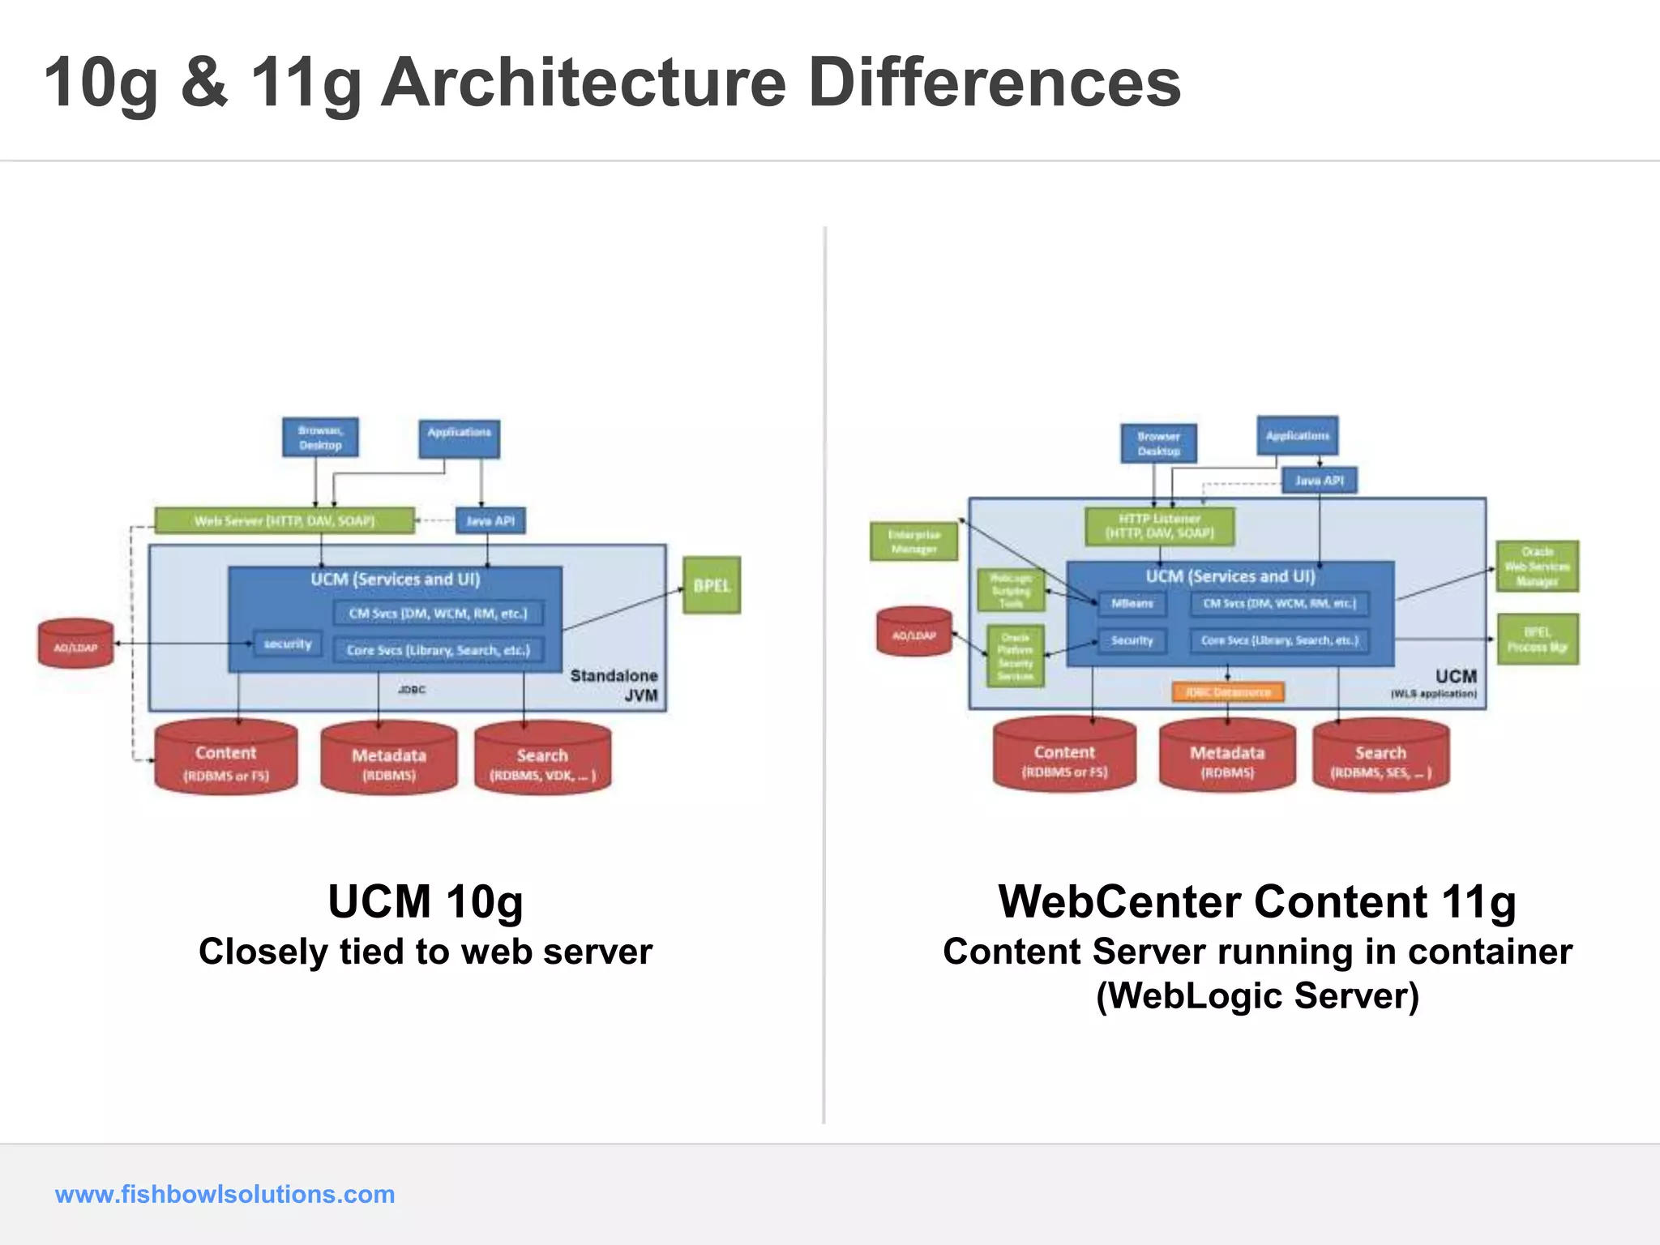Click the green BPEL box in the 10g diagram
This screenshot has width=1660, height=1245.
point(711,585)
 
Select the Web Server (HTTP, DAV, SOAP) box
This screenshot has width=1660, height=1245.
point(284,520)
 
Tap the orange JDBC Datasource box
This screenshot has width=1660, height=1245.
point(1228,692)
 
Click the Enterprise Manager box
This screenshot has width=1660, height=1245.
point(913,541)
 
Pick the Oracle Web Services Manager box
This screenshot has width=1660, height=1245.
point(1537,566)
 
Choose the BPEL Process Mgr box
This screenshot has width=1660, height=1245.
point(1537,640)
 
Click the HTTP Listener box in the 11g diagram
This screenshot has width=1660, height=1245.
point(1160,526)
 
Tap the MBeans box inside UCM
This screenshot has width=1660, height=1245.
point(1132,603)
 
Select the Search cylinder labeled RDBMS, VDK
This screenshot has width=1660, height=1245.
point(542,760)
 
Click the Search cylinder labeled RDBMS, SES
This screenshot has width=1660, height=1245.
point(1380,758)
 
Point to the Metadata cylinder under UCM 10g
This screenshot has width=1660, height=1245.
point(389,760)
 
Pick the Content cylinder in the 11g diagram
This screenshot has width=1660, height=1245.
point(1064,756)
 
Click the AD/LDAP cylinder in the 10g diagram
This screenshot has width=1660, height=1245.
point(75,644)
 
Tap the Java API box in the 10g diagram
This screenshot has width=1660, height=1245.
point(490,520)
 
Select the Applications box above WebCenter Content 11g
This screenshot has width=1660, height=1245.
point(1297,436)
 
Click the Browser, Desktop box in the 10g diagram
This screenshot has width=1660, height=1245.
point(320,438)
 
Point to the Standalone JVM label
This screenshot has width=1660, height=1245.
point(615,685)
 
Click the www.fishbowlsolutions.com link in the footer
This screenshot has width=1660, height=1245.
point(225,1194)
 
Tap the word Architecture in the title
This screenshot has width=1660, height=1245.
point(583,83)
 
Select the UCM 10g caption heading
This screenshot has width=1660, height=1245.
point(426,901)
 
